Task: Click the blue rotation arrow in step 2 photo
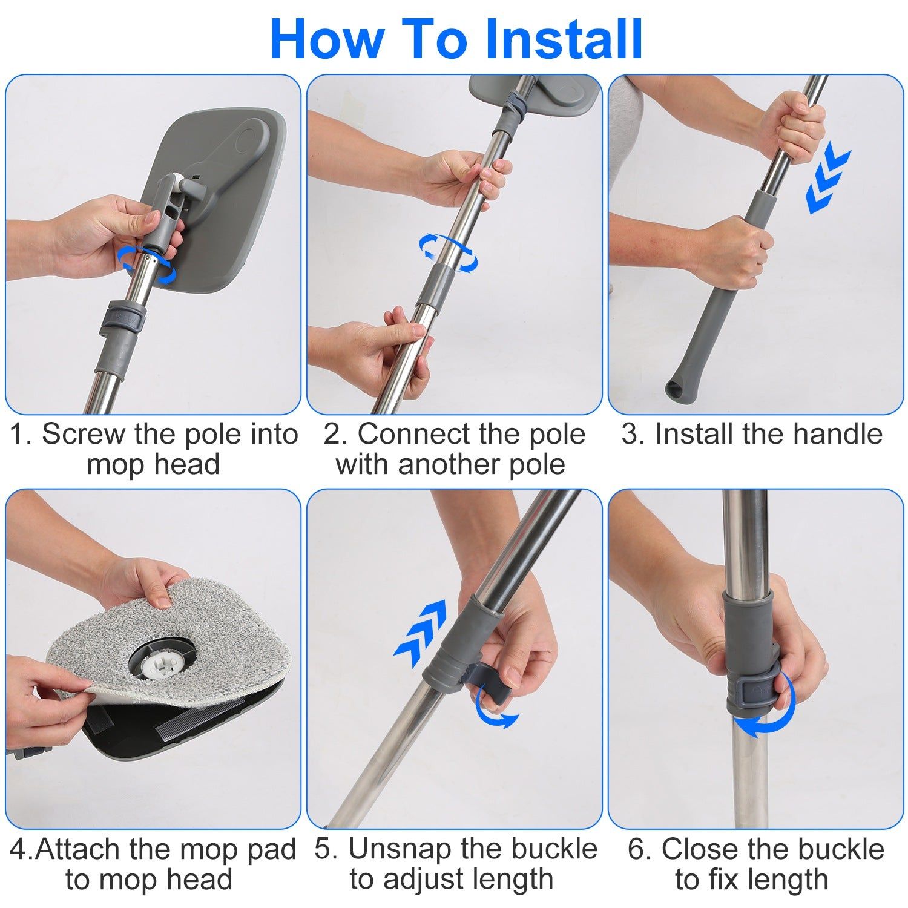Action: pos(448,252)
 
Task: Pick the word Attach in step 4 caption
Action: pos(78,849)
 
